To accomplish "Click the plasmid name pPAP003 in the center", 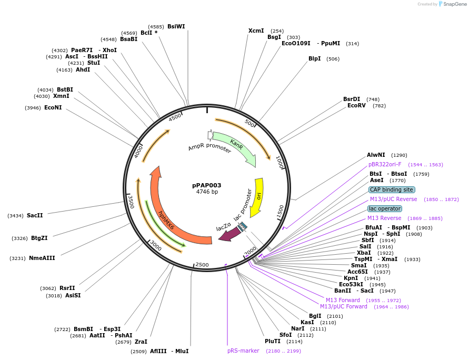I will [x=206, y=185].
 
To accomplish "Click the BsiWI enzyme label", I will [x=176, y=26].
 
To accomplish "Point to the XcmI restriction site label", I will [x=256, y=31].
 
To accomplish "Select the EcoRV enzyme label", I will [x=356, y=106].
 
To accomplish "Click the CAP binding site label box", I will [x=392, y=189].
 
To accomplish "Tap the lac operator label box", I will [x=385, y=208].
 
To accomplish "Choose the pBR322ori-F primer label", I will [x=385, y=164].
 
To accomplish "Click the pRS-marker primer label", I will [x=243, y=351].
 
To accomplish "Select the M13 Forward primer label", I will [x=343, y=300].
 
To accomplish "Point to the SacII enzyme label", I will [x=35, y=216].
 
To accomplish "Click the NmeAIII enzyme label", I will [x=42, y=258].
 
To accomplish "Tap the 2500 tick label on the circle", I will [x=202, y=265].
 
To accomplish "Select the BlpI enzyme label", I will [x=314, y=58].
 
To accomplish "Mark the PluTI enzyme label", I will [x=273, y=341].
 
